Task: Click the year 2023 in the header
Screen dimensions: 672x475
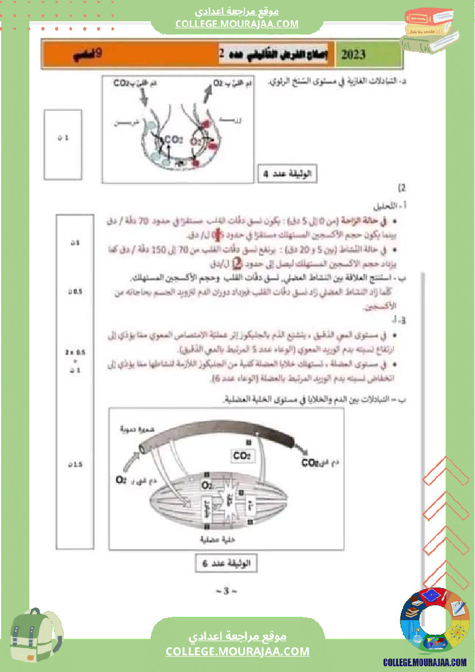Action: click(x=353, y=55)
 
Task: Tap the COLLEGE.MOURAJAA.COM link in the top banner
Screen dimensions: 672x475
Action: click(x=237, y=24)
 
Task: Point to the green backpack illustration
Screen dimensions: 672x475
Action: click(x=35, y=639)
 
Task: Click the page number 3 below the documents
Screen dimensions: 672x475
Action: click(x=225, y=591)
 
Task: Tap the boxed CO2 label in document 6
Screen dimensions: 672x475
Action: click(x=242, y=456)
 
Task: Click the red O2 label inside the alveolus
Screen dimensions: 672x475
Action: click(x=196, y=140)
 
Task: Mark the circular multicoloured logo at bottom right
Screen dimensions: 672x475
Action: click(x=435, y=622)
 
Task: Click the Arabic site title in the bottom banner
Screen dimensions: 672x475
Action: click(x=237, y=637)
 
